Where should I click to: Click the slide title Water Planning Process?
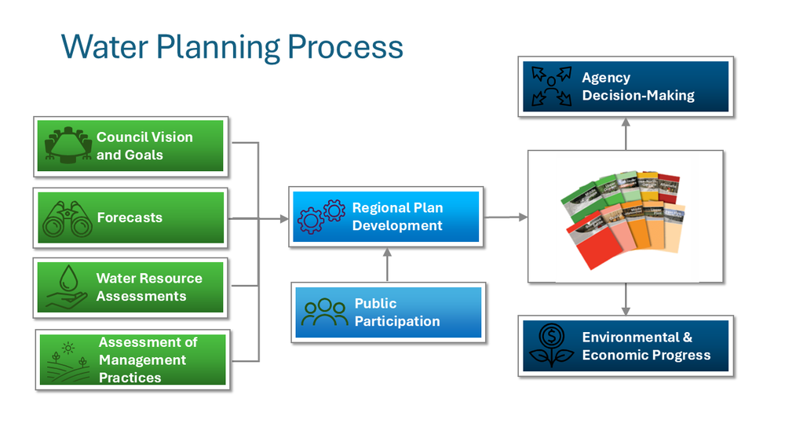click(232, 47)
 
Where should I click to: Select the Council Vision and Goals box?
click(130, 146)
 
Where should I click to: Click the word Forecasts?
click(130, 217)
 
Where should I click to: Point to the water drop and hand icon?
click(66, 287)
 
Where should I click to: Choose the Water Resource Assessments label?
click(148, 287)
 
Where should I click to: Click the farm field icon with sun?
click(66, 360)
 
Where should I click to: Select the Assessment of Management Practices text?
click(147, 360)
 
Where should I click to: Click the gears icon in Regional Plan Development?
click(320, 217)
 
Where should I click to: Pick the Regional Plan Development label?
click(397, 217)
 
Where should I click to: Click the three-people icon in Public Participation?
click(324, 312)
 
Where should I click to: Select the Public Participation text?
click(396, 312)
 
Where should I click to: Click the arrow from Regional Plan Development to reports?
click(506, 217)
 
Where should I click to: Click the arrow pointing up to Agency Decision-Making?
click(626, 133)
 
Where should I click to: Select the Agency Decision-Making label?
click(637, 86)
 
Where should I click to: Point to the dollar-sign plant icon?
click(551, 345)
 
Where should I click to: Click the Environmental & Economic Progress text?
click(645, 346)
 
